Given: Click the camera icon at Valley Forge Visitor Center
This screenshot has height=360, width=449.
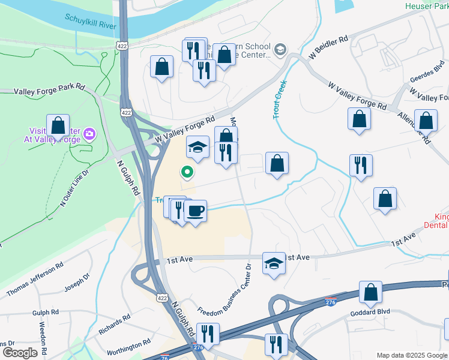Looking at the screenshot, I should [x=89, y=133].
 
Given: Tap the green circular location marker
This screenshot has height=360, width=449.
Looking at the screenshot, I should [x=187, y=173].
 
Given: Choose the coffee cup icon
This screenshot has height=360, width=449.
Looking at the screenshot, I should [x=195, y=211].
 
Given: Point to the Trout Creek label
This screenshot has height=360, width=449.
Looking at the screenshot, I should [x=279, y=100].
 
